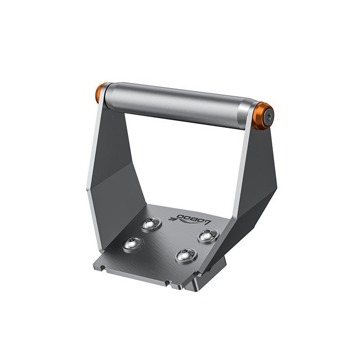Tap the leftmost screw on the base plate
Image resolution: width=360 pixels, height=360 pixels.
pyautogui.click(x=133, y=243)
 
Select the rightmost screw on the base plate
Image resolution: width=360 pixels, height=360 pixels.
pyautogui.click(x=207, y=235)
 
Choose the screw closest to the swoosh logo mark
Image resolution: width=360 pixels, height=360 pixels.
pyautogui.click(x=151, y=223)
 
